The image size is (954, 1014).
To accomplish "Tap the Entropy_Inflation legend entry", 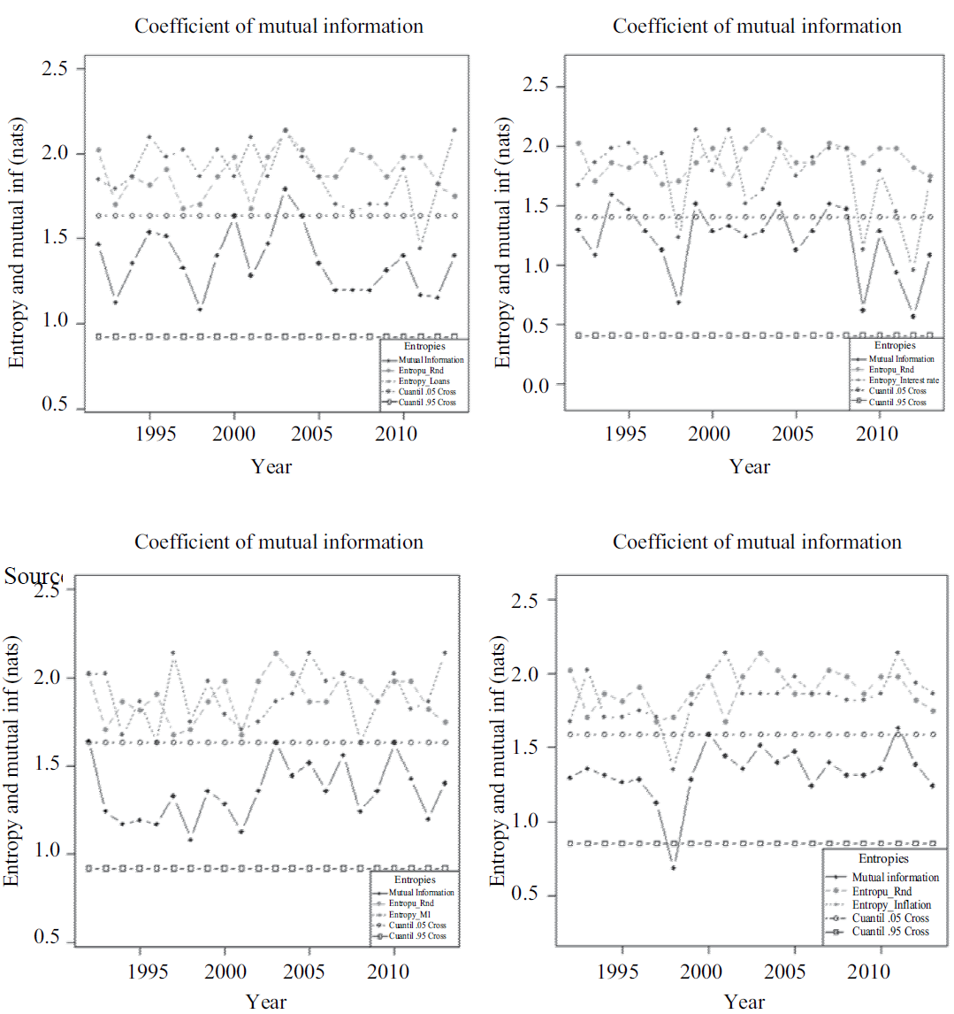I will (x=891, y=905).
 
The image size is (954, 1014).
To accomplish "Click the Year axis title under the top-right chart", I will (x=750, y=466).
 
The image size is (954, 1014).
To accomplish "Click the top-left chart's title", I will (x=279, y=26).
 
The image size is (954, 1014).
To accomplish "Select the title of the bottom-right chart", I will (x=757, y=542).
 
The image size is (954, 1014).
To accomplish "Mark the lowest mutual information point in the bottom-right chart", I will (x=673, y=867).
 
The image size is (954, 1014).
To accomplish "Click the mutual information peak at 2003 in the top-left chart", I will (x=285, y=188).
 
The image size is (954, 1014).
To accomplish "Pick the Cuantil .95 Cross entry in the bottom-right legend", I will (x=890, y=932).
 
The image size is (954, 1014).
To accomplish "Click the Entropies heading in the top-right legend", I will (x=895, y=346).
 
